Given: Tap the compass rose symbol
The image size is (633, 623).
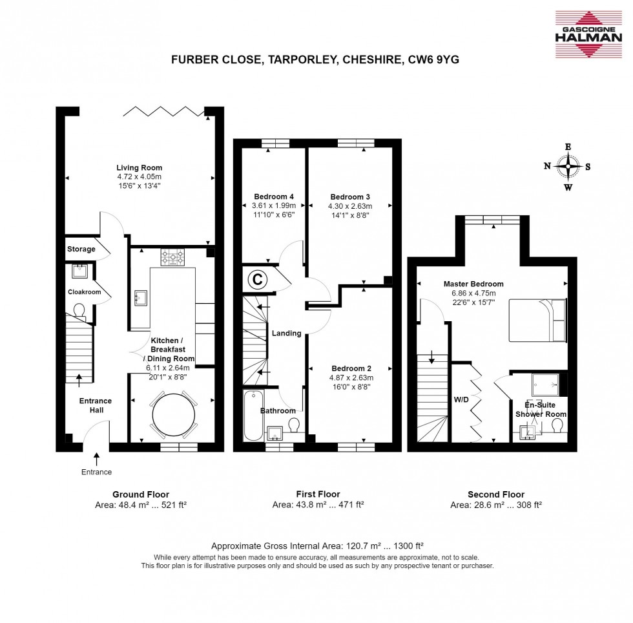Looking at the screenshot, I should click(x=568, y=167).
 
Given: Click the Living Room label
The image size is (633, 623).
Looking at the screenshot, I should click(x=139, y=168).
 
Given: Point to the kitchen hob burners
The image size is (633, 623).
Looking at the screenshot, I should click(x=173, y=258).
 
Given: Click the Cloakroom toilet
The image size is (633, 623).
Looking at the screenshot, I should click(x=79, y=311).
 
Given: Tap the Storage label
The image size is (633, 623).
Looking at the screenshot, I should click(x=81, y=249).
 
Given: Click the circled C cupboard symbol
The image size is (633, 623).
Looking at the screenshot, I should click(x=257, y=280).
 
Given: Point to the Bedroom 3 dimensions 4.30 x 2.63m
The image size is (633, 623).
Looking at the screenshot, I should click(x=350, y=207).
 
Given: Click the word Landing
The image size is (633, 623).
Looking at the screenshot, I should click(x=286, y=333).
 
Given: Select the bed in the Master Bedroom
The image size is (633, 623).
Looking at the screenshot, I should click(x=537, y=319).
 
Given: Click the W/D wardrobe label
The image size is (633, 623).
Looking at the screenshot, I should click(x=461, y=400).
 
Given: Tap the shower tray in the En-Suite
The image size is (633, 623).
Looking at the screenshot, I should click(x=545, y=385).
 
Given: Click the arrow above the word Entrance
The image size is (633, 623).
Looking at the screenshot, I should click(x=96, y=459).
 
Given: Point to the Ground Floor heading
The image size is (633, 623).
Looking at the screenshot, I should click(x=141, y=494).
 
